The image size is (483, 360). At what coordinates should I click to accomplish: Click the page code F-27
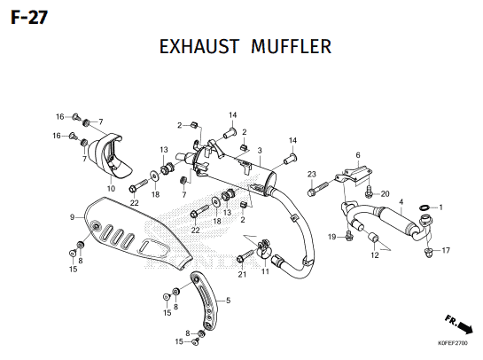click(x=29, y=17)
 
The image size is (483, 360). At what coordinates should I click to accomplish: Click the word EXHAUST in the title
click(x=199, y=47)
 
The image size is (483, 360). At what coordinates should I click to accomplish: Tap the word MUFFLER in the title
click(x=291, y=47)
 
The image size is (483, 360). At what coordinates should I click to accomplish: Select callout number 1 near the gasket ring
click(x=440, y=207)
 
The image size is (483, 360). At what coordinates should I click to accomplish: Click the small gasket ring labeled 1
click(x=425, y=207)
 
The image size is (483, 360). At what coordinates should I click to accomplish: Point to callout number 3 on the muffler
click(x=260, y=151)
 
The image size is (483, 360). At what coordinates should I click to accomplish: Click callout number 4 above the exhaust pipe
click(x=401, y=202)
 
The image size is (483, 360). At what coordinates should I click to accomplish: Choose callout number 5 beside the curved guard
click(x=228, y=301)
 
